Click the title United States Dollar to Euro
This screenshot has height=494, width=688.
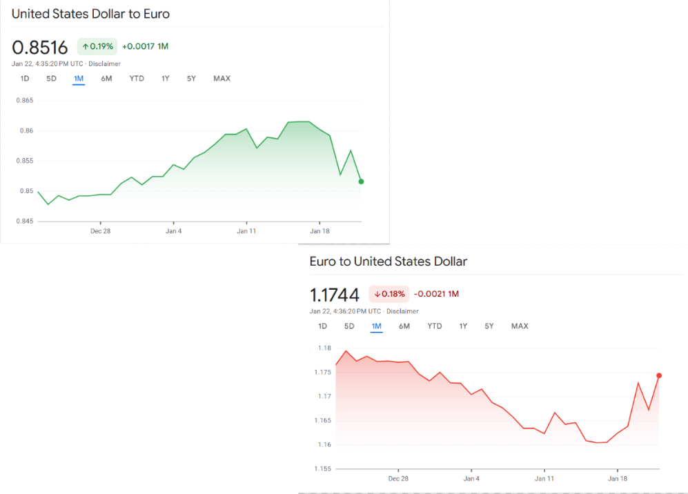90,14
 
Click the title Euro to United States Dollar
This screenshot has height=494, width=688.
389,261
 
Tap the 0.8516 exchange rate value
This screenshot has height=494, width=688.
40,48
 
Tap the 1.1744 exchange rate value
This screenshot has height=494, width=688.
335,295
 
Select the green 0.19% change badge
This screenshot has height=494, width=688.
97,46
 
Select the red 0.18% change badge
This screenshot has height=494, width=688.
389,294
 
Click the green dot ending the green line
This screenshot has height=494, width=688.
362,181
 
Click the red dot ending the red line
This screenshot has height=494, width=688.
659,375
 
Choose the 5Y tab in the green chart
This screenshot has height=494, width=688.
191,79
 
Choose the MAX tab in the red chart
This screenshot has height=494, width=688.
520,326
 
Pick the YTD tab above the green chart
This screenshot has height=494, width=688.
137,79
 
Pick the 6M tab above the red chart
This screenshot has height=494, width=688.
404,326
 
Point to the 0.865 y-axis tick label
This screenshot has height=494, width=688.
24,101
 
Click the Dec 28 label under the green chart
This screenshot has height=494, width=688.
100,231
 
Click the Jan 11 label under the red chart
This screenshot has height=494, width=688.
544,479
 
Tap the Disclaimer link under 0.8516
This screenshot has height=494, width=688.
104,64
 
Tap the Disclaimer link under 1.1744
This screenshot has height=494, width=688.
402,312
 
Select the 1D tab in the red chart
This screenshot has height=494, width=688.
322,326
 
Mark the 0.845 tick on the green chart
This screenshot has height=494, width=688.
24,221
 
